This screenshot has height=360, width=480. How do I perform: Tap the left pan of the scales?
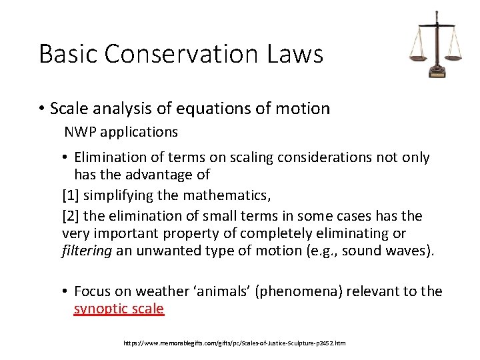(419, 57)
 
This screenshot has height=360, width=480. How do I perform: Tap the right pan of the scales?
(453, 57)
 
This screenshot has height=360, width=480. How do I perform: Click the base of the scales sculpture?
(437, 73)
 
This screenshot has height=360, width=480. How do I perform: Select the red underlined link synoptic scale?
(119, 309)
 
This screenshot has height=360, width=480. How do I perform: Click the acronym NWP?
(79, 132)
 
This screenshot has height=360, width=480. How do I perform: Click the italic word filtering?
(87, 251)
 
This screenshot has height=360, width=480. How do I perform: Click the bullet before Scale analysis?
(41, 109)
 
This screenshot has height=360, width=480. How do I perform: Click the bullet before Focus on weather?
(66, 291)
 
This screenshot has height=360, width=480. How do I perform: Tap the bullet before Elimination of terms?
(66, 158)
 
